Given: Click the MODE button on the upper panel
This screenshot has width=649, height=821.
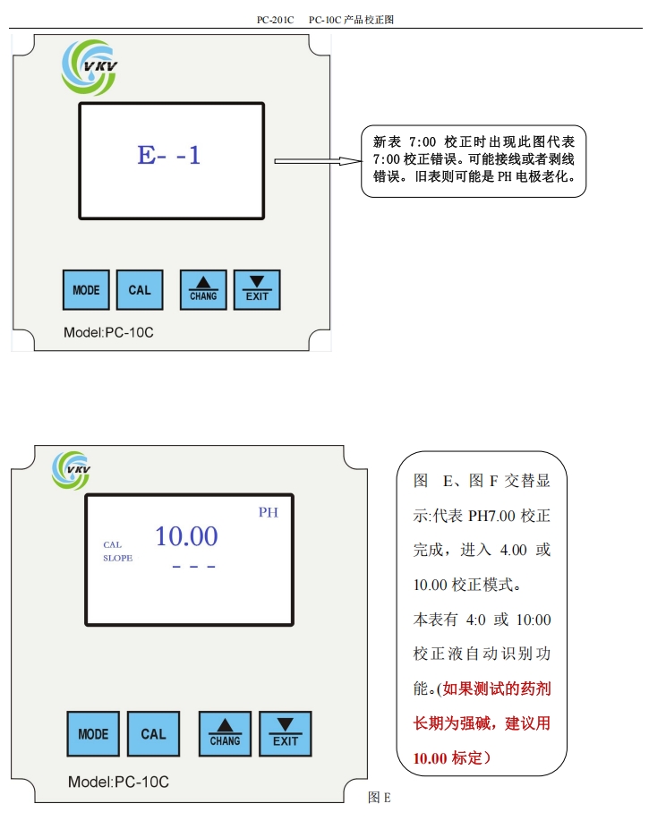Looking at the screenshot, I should tap(86, 290).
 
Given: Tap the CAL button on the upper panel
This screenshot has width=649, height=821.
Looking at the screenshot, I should tap(140, 290).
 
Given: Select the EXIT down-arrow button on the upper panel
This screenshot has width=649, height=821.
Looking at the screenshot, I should tap(257, 290).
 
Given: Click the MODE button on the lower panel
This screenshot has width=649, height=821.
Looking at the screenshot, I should tap(93, 734).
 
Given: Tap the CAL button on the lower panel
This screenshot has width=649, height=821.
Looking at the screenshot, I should tap(153, 734).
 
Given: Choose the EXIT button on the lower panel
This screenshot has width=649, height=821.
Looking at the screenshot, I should tap(286, 734).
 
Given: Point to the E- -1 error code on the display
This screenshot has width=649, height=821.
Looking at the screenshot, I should tap(169, 155).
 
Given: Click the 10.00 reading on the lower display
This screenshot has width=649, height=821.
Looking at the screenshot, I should tap(186, 536).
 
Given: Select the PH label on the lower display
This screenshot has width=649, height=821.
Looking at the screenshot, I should tap(269, 512).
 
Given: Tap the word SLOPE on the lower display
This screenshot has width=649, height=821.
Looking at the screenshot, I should tap(117, 558).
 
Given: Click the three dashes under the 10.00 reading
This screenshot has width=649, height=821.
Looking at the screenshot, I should tap(193, 568).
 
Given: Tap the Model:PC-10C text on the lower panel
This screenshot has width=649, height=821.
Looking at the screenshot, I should tap(118, 782).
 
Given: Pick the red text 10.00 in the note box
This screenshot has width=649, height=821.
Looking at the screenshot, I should tap(430, 758).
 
